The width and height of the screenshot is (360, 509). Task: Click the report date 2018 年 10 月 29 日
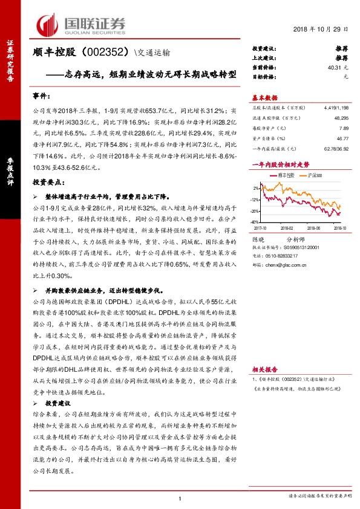(x=322, y=30)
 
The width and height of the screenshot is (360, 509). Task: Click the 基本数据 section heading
(x=264, y=98)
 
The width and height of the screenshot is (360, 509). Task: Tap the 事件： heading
(x=43, y=96)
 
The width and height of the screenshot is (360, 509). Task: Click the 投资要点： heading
(x=48, y=181)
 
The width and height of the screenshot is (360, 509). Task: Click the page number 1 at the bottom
(x=180, y=498)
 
